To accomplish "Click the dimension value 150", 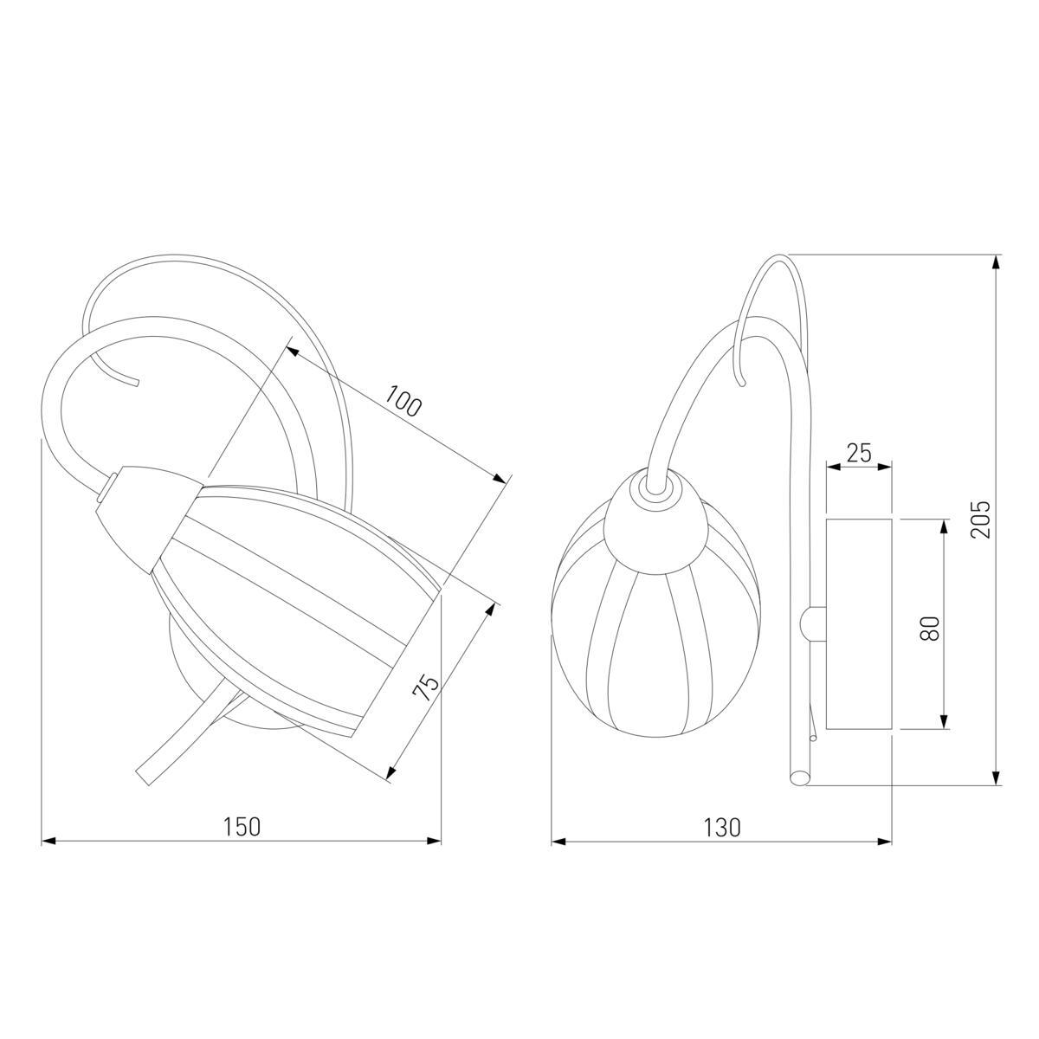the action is [242, 827].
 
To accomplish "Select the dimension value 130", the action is [722, 827].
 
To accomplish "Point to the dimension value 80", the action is [930, 628].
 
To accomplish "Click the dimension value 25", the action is [859, 453].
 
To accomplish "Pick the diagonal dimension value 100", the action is [403, 401].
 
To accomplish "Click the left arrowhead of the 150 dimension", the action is [49, 841].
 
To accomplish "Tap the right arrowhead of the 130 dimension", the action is [884, 841].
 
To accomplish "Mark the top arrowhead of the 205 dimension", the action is [997, 262].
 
